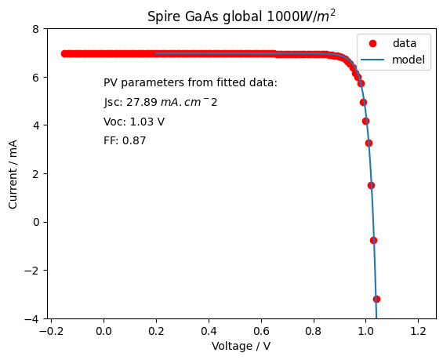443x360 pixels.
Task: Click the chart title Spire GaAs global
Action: [x=205, y=16]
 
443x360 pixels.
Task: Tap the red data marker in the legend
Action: [x=372, y=43]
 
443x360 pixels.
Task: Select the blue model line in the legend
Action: [x=372, y=60]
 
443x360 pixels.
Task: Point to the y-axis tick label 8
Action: [x=36, y=29]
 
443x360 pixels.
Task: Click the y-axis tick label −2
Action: [x=32, y=271]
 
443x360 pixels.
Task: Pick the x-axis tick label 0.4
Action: [x=209, y=331]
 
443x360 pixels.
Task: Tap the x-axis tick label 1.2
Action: [x=418, y=331]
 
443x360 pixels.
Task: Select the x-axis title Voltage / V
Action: [x=241, y=346]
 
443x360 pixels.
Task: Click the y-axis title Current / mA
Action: [x=13, y=174]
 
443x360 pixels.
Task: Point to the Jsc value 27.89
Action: [x=142, y=102]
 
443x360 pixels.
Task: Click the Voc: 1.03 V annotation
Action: [x=134, y=122]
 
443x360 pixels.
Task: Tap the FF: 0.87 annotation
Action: [x=125, y=140]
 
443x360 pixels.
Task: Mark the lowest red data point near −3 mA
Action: [x=376, y=299]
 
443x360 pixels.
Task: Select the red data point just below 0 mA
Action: [x=373, y=241]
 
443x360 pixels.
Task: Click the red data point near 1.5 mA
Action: [x=371, y=185]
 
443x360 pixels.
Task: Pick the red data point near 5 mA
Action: [x=363, y=102]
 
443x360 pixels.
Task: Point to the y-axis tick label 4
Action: [x=36, y=125]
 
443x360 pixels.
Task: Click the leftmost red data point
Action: [x=65, y=53]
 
